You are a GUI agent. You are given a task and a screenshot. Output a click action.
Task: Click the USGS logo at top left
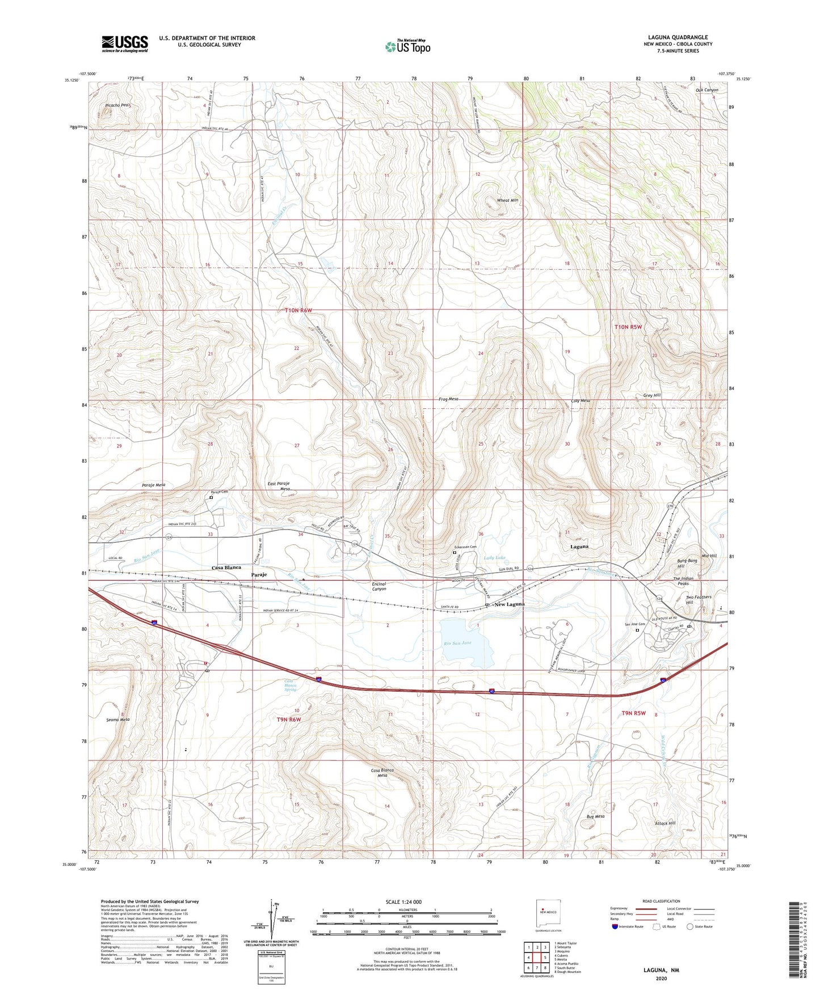124,44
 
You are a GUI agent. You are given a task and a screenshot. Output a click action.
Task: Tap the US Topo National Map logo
407,46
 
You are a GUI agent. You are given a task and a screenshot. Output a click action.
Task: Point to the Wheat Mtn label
507,200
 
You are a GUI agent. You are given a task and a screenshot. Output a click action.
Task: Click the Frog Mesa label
448,399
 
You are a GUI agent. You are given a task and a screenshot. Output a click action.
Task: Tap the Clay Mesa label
580,401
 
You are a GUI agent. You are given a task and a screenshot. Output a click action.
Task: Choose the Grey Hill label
651,395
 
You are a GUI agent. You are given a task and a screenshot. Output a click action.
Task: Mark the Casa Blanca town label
226,568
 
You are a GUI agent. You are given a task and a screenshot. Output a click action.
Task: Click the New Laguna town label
510,604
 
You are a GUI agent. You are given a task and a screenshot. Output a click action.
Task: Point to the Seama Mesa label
118,720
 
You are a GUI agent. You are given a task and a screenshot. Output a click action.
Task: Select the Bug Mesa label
595,816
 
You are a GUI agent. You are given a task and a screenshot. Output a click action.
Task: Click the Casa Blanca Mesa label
382,773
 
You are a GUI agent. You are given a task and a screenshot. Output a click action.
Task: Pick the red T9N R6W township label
288,720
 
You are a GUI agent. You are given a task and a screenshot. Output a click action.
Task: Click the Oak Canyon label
707,90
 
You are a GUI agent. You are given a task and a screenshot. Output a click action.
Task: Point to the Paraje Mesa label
153,485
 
